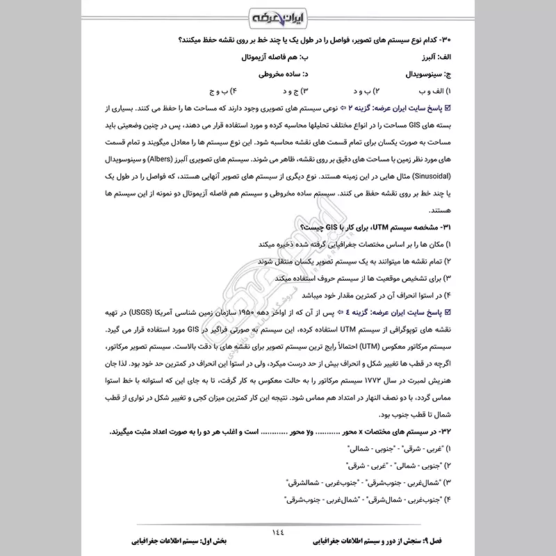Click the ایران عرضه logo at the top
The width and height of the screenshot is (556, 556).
point(278,15)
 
